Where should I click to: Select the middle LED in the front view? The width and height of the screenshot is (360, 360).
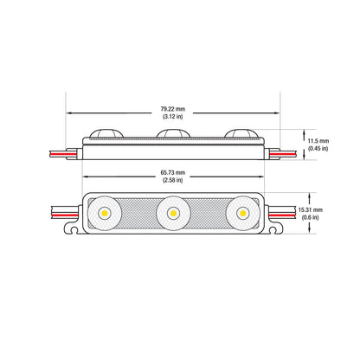tap(173, 212)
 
